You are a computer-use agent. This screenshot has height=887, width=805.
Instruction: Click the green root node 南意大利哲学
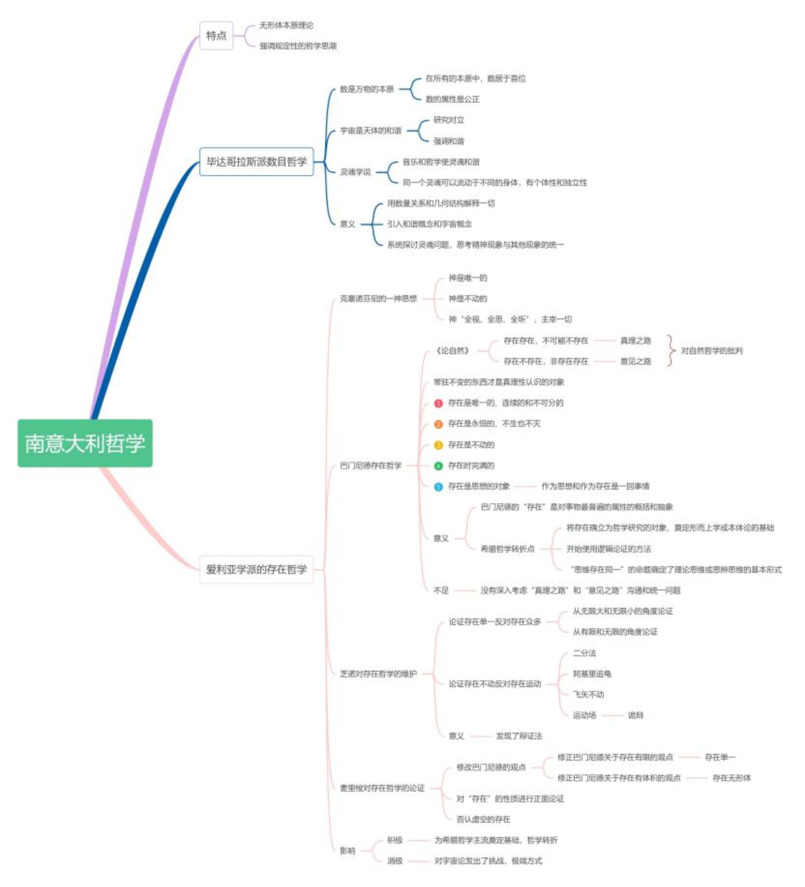pyautogui.click(x=85, y=443)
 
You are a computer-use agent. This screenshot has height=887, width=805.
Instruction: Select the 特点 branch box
pyautogui.click(x=216, y=36)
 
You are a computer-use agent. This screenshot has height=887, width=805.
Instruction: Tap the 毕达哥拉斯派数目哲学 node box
pyautogui.click(x=256, y=162)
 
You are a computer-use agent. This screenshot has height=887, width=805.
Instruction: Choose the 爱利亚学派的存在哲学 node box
pyautogui.click(x=256, y=569)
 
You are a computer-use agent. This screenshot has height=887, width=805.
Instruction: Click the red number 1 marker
pyautogui.click(x=439, y=403)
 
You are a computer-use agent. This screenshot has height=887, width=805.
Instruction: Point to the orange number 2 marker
pyautogui.click(x=439, y=424)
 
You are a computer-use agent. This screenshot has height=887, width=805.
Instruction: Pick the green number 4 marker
pyautogui.click(x=439, y=466)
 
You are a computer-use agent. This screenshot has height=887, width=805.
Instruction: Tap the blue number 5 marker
pyautogui.click(x=439, y=487)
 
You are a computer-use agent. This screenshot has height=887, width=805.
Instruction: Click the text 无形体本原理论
pyautogui.click(x=286, y=25)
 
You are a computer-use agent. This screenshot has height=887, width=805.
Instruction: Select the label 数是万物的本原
pyautogui.click(x=367, y=89)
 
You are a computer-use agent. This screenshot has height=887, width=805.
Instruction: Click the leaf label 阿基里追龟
pyautogui.click(x=592, y=674)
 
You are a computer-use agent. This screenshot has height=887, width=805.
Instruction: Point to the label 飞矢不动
pyautogui.click(x=588, y=694)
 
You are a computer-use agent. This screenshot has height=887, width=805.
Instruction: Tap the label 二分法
pyautogui.click(x=584, y=653)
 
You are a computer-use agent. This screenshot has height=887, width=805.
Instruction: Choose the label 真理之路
pyautogui.click(x=635, y=340)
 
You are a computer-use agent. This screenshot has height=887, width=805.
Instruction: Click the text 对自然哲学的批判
pyautogui.click(x=712, y=351)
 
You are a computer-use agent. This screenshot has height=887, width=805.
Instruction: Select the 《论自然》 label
pyautogui.click(x=452, y=351)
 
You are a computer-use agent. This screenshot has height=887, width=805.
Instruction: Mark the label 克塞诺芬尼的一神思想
pyautogui.click(x=378, y=299)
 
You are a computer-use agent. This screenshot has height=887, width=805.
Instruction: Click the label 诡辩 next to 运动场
pyautogui.click(x=635, y=715)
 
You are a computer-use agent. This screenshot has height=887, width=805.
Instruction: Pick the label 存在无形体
pyautogui.click(x=731, y=778)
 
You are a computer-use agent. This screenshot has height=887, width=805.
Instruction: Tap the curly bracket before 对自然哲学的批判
pyautogui.click(x=672, y=351)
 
